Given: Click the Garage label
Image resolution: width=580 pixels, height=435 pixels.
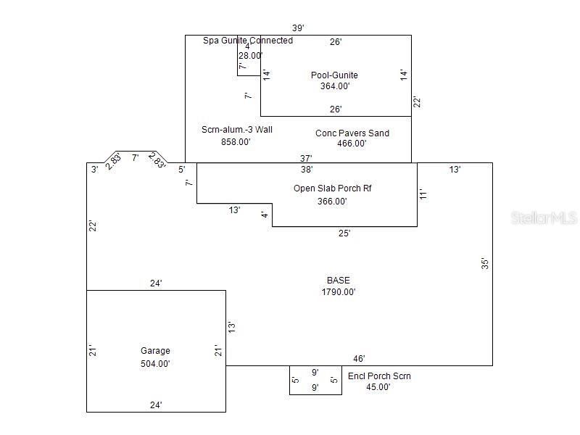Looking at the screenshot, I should pos(155,351).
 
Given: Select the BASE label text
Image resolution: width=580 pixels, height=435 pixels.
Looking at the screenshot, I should pos(338,280).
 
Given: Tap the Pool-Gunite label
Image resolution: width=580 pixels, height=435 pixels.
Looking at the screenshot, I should pos(334,75).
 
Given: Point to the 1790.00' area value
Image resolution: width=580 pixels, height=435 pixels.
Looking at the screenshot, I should pos(338,292).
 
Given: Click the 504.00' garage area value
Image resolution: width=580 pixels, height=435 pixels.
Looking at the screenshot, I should pos(155,364).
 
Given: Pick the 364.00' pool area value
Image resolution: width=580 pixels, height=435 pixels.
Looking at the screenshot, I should pos(335,86).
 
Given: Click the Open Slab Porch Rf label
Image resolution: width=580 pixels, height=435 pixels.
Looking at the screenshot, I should pos(333,188).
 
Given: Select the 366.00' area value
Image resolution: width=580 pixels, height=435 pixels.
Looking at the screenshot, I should pos(332,202).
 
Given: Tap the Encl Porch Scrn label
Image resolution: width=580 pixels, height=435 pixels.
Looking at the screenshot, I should pos(379,376).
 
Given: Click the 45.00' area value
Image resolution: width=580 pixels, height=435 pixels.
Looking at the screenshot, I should pos(378,387).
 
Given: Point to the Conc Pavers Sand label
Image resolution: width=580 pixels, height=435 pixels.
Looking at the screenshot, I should pos(352,133).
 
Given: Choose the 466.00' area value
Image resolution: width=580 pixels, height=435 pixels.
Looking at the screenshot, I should pos(352,144).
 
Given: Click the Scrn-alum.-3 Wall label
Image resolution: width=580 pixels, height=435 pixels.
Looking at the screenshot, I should pos(237,130).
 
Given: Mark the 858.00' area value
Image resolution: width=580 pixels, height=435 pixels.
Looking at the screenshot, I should pos(236,142).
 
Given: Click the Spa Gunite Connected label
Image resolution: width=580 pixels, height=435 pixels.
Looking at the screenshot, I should pos(248,41).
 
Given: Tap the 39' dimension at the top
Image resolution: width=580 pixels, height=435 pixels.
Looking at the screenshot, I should pos(298,28).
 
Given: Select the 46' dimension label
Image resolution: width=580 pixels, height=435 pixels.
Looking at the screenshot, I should pos(359,358).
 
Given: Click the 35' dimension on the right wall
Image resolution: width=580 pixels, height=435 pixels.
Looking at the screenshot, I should pos(485,264).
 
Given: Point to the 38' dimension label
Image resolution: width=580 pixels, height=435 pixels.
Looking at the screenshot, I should pos(307,170).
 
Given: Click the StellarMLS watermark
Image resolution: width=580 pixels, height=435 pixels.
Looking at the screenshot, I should pos(544,217).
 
